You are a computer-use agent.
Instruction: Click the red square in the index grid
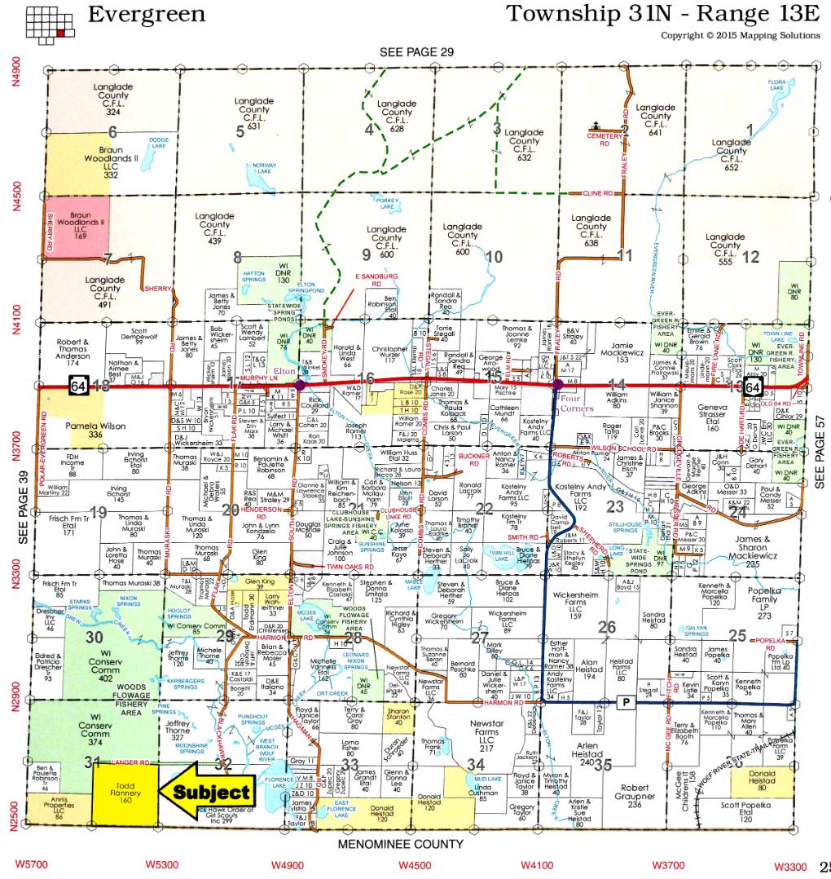pyautogui.click(x=61, y=33)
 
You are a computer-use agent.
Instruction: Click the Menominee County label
pyautogui.click(x=401, y=844)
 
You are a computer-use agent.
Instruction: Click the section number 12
pyautogui.click(x=750, y=257)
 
